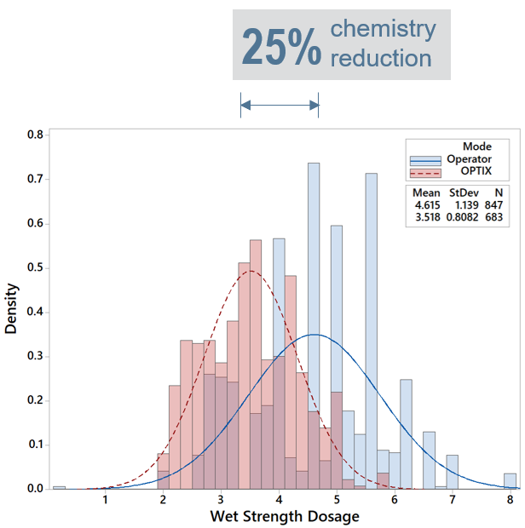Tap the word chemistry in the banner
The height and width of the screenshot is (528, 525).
coord(383,29)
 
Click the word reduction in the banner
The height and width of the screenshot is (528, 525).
coord(380,59)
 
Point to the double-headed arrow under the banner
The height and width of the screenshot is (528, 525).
coord(280,106)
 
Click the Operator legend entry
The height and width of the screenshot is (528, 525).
coord(468,159)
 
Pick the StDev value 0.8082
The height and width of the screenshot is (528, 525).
coord(463,217)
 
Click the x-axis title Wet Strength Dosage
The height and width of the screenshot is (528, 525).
coord(286,516)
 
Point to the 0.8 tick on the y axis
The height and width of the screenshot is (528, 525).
coord(36,135)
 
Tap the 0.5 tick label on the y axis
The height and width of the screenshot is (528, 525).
coord(36,267)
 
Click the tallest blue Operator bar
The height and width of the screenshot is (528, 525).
coord(314,324)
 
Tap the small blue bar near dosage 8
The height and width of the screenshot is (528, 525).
coord(510,481)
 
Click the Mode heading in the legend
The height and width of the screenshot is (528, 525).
coord(476,146)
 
